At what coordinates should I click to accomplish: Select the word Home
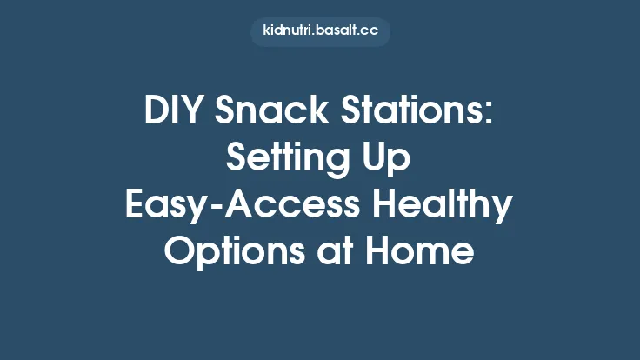pyautogui.click(x=417, y=253)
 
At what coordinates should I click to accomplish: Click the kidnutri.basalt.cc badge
pyautogui.click(x=320, y=31)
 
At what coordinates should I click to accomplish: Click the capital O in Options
pyautogui.click(x=180, y=253)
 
